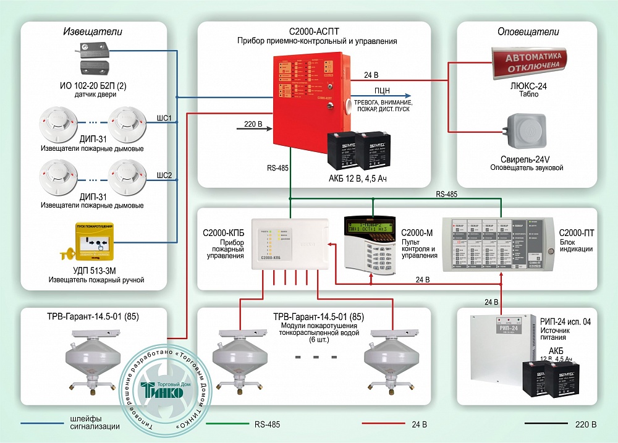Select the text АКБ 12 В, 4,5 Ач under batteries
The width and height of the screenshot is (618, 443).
pyautogui.click(x=362, y=179)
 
